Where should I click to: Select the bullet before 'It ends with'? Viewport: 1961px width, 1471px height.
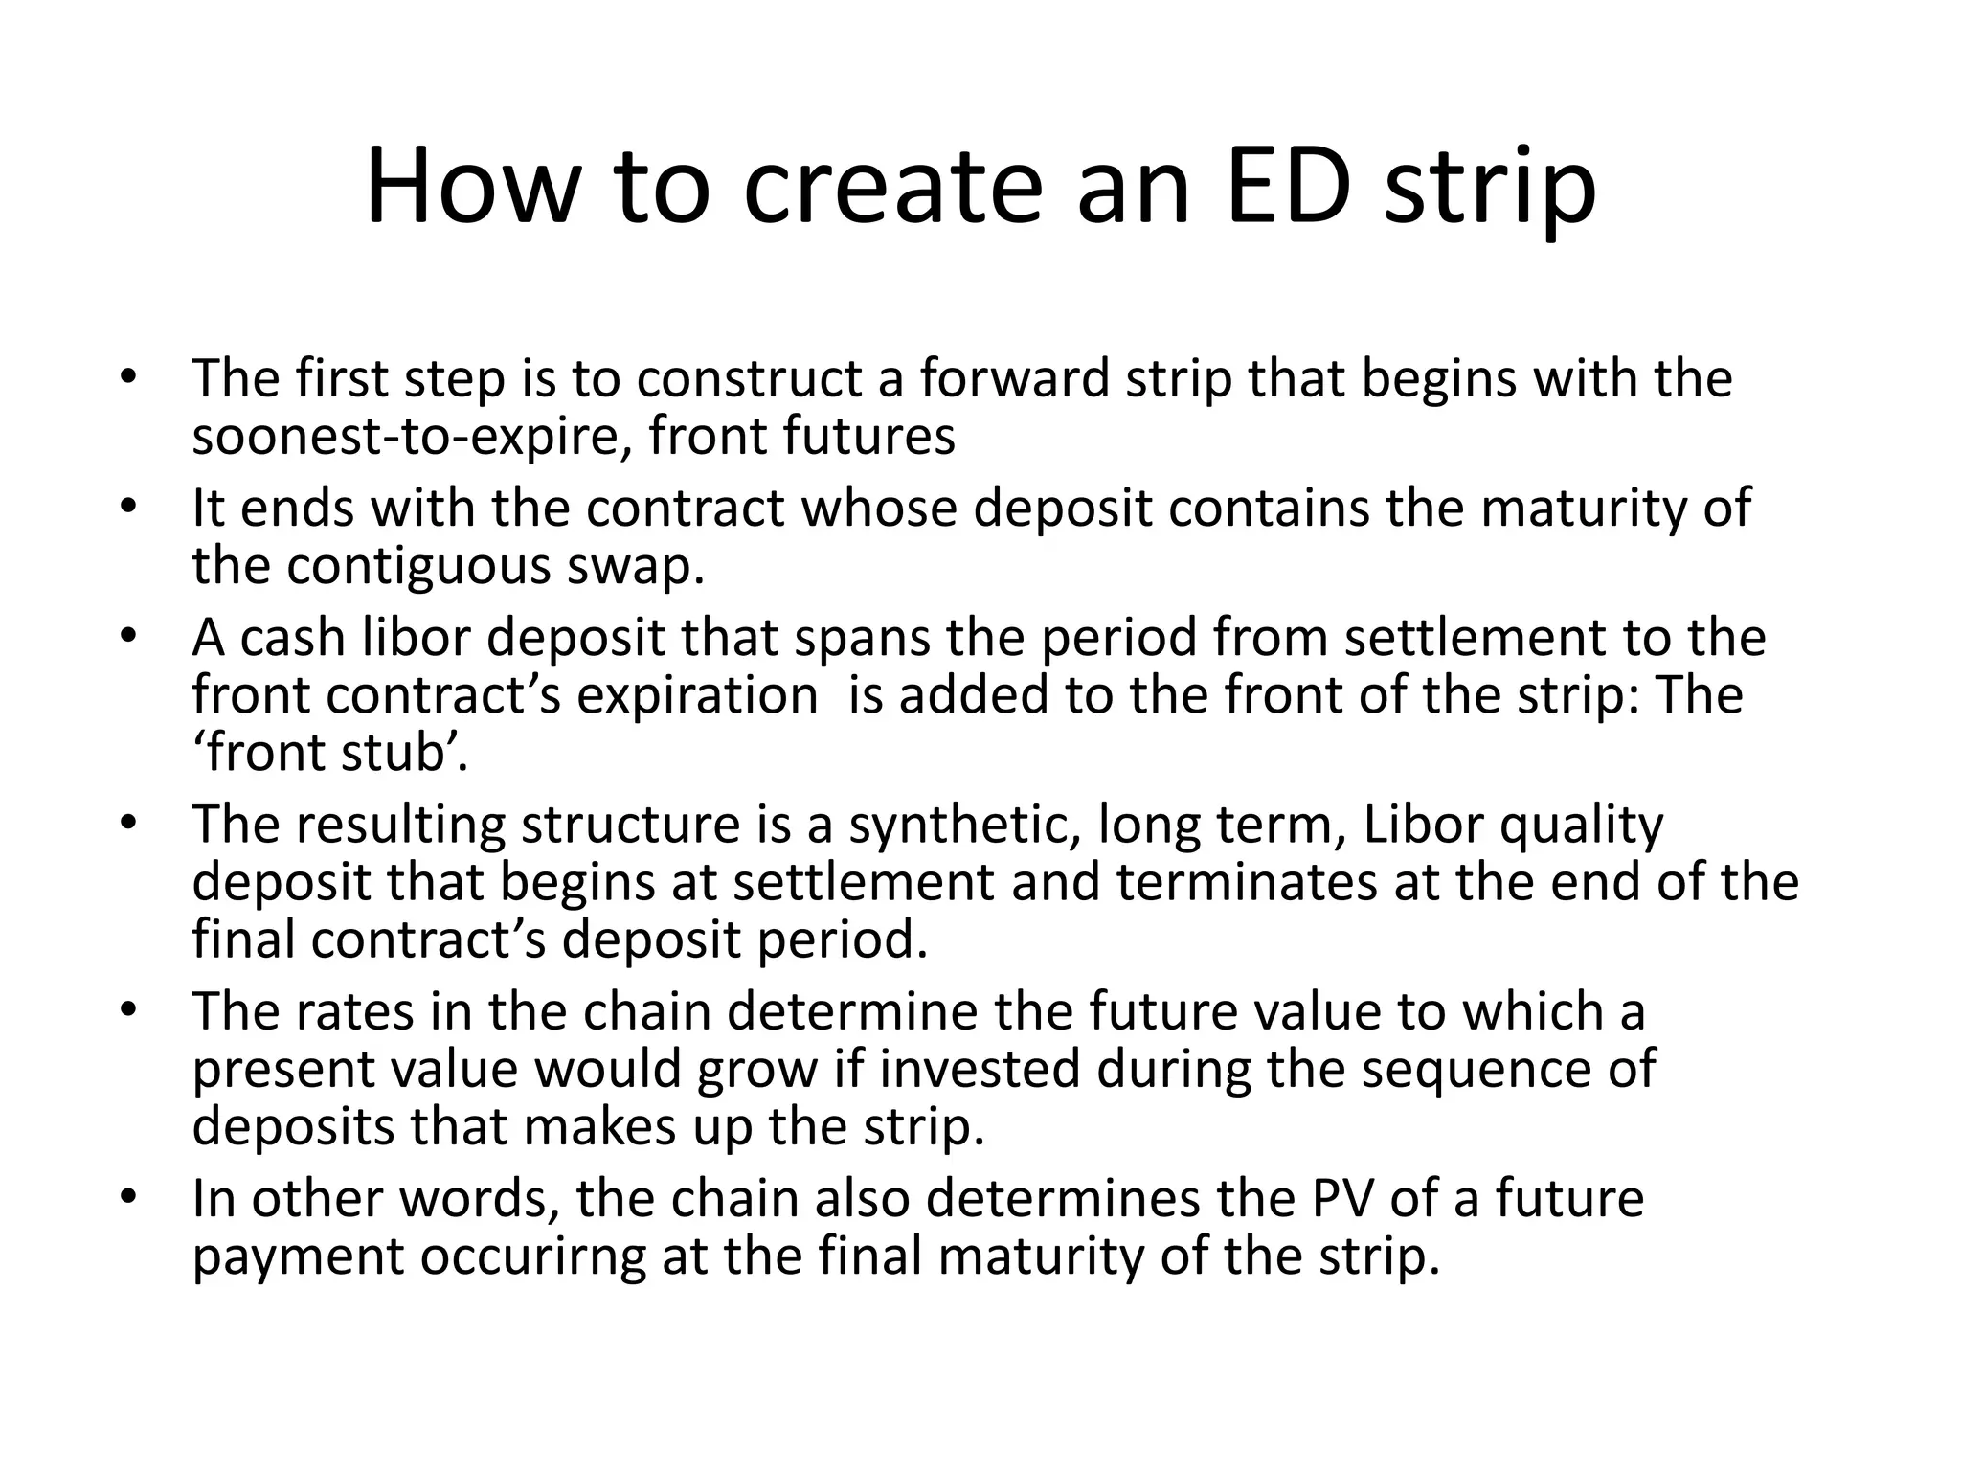pos(130,508)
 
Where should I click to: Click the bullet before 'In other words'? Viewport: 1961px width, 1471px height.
pos(130,1198)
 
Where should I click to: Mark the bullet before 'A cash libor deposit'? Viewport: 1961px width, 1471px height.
pos(130,637)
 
